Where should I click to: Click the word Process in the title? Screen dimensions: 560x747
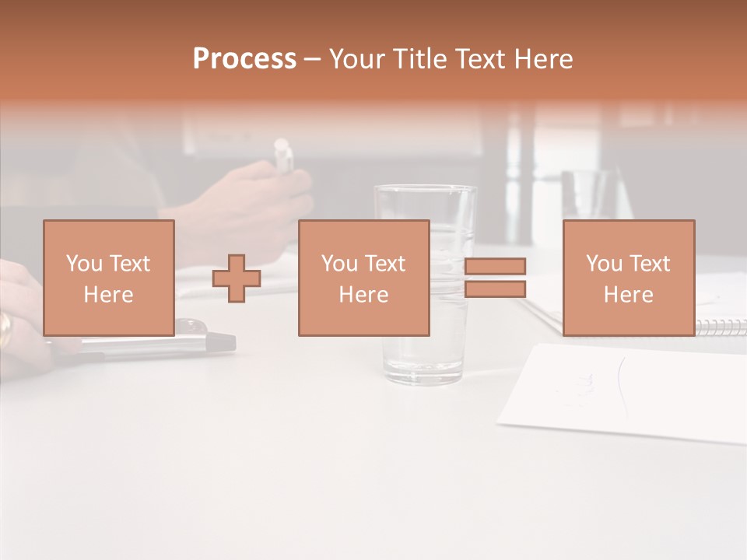[244, 59]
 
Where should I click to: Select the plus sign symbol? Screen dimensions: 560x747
[237, 278]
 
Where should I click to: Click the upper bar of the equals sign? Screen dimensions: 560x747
[495, 266]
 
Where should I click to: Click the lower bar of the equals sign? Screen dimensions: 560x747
[495, 289]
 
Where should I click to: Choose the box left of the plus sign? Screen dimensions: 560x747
[108, 278]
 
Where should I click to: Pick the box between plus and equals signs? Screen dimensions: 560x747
[363, 278]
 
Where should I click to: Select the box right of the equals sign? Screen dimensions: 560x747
[628, 278]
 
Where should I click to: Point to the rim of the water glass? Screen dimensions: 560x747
[425, 188]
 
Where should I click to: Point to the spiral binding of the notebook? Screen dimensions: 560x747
[720, 326]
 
